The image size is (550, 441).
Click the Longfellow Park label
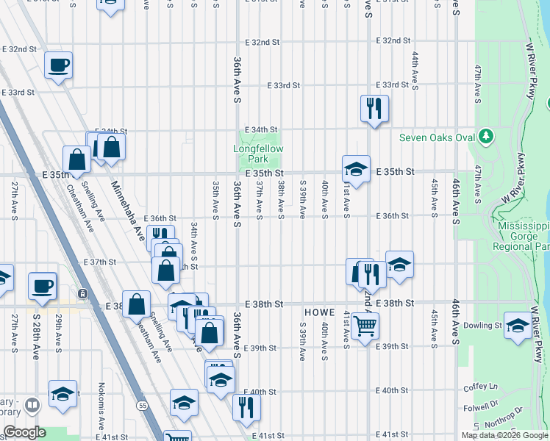(x=258, y=154)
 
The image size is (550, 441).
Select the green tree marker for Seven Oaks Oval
(x=485, y=136)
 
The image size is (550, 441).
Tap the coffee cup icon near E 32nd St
(x=59, y=65)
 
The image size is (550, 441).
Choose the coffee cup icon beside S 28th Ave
(x=42, y=285)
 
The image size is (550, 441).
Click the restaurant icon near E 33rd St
(x=374, y=108)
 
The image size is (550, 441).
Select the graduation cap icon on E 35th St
(x=355, y=169)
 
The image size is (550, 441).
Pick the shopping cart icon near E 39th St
(x=365, y=325)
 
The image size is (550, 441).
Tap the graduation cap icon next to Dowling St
(x=518, y=326)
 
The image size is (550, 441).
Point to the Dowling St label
(x=482, y=325)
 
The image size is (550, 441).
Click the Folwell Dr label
(x=480, y=408)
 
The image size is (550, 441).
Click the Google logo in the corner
(x=24, y=432)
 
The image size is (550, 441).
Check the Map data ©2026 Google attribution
(x=505, y=435)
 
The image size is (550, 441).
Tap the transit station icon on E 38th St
(x=83, y=293)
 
